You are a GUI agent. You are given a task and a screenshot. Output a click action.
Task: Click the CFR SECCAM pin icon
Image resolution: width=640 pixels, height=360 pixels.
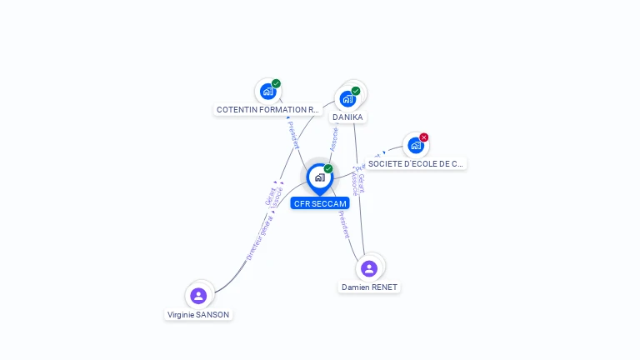click(319, 177)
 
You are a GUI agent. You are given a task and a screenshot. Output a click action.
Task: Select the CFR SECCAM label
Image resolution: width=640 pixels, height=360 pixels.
click(320, 203)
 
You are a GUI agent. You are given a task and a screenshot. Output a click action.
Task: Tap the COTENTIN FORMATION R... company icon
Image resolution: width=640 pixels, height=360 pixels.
click(267, 91)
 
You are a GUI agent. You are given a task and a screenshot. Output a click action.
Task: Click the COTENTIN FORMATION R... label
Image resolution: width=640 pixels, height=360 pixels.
click(267, 109)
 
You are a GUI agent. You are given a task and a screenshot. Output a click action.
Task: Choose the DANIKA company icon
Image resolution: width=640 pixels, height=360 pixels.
click(347, 98)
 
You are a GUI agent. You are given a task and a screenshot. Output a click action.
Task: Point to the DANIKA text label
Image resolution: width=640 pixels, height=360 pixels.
click(347, 117)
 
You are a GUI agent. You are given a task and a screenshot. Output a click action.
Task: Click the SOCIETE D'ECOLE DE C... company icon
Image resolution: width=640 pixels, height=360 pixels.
click(416, 145)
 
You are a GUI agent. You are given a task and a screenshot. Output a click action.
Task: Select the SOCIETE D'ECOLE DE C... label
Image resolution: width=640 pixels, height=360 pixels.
click(416, 164)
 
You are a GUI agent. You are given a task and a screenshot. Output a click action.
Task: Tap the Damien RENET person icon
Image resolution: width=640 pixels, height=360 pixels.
click(369, 268)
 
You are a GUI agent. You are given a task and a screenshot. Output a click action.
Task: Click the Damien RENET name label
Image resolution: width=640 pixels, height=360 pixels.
click(369, 287)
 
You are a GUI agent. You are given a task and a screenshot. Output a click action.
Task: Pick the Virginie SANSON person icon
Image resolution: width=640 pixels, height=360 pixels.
click(198, 296)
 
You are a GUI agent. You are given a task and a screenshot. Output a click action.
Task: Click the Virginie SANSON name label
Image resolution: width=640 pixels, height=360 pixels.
click(198, 315)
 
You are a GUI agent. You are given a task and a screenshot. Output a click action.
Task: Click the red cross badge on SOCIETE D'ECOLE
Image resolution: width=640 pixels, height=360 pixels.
click(424, 137)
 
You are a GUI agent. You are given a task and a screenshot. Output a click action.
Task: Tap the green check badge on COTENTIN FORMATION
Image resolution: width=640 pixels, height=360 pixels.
click(276, 83)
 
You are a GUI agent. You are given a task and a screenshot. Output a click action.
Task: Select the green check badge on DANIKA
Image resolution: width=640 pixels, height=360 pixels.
click(356, 91)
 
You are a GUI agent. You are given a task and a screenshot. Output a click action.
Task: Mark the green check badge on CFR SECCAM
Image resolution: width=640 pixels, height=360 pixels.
click(328, 169)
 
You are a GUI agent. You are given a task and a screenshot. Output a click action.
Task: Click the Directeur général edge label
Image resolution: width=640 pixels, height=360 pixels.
click(259, 238)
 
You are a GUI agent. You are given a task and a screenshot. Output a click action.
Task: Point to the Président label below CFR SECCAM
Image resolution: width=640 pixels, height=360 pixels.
click(344, 224)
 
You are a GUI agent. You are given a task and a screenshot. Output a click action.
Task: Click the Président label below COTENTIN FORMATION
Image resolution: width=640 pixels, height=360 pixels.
click(293, 135)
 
